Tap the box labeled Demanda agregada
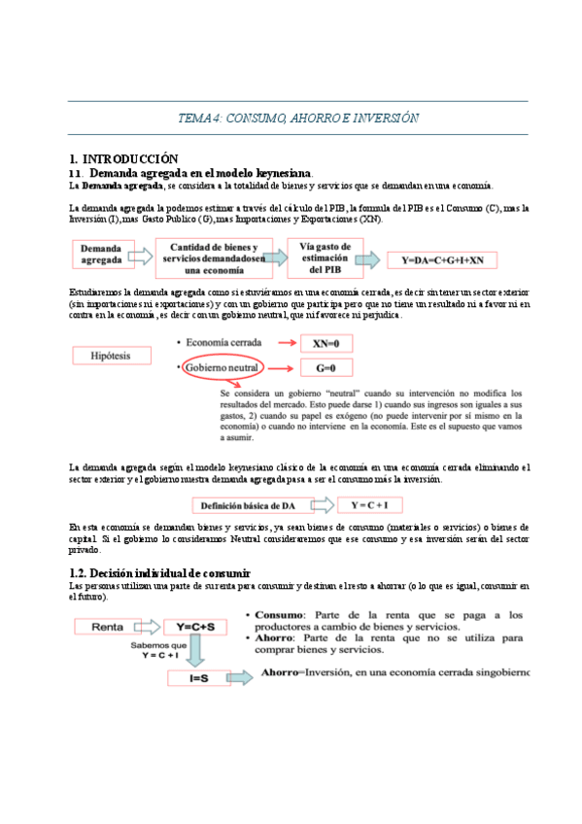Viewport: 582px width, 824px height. tap(101, 255)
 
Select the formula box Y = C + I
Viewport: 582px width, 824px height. tap(370, 505)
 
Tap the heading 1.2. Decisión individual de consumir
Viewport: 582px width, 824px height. tap(160, 573)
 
